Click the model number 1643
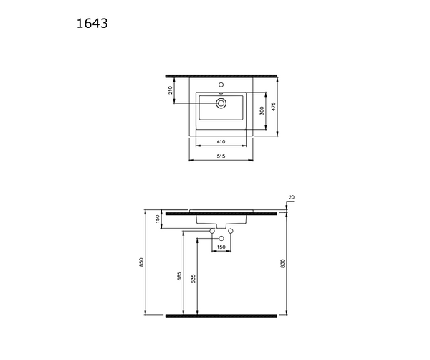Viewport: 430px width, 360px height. tap(92, 23)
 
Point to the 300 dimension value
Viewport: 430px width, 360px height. tap(262, 110)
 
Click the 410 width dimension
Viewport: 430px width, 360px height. tap(222, 142)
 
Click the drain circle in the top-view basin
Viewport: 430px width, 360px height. tap(221, 104)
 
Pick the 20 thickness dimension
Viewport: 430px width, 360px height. tap(291, 197)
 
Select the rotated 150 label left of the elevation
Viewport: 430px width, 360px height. tap(158, 218)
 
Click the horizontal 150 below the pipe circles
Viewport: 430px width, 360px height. tap(221, 247)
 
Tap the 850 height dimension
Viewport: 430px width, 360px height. tap(143, 263)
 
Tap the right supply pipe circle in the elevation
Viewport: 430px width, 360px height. tap(231, 231)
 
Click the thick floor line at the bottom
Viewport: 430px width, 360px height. tap(221, 315)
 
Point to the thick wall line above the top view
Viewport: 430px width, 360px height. tap(221, 75)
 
